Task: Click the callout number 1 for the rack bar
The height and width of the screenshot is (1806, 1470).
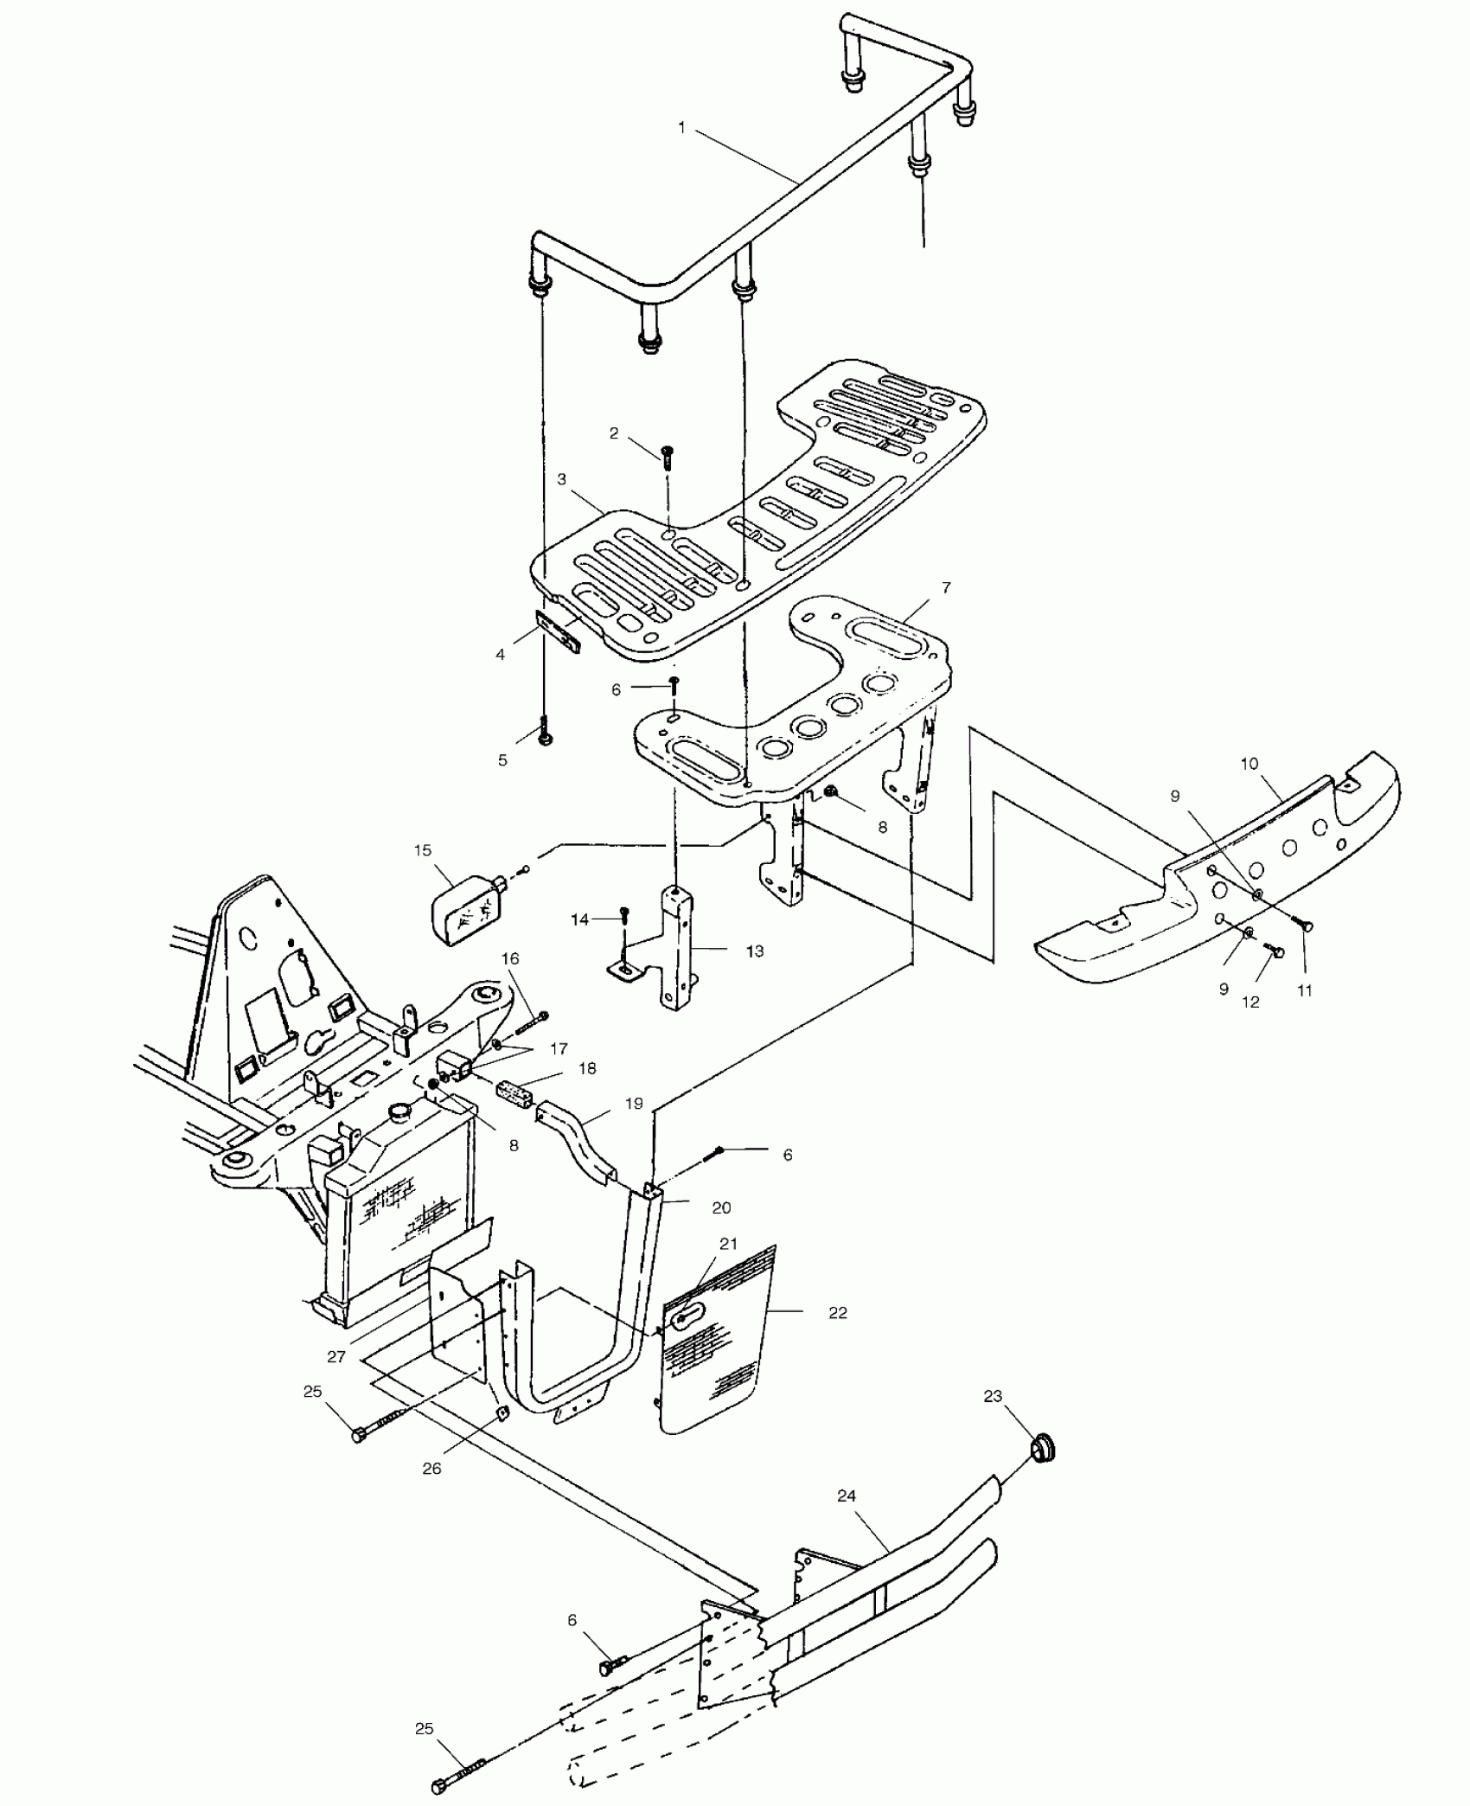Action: pyautogui.click(x=681, y=127)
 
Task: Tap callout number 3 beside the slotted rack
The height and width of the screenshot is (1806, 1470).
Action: pyautogui.click(x=562, y=478)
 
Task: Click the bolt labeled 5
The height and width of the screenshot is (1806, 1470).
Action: pyautogui.click(x=545, y=733)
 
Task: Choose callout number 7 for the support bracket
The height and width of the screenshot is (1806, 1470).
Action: pyautogui.click(x=946, y=587)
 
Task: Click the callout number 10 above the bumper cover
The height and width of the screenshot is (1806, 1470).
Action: pyautogui.click(x=1249, y=764)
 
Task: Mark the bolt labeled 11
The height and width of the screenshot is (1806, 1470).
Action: pyautogui.click(x=1304, y=925)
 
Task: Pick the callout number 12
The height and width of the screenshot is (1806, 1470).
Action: pyautogui.click(x=1250, y=1002)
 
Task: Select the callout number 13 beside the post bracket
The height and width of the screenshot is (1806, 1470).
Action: pyautogui.click(x=754, y=951)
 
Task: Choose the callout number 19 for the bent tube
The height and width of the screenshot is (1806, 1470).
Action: pyautogui.click(x=634, y=1104)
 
